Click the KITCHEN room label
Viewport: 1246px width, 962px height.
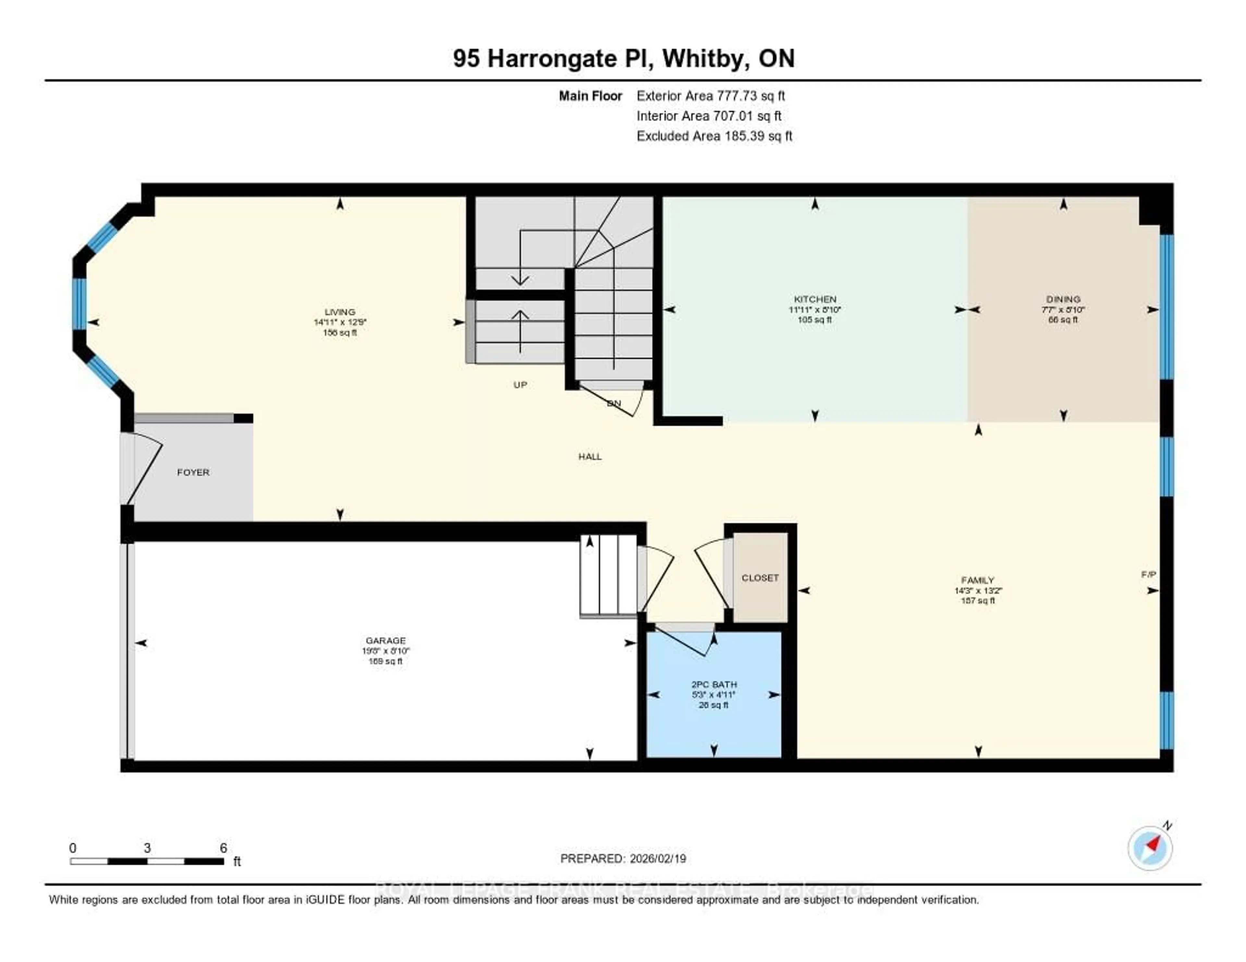[815, 299]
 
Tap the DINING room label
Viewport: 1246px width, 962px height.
[1063, 299]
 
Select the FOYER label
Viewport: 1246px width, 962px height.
[193, 472]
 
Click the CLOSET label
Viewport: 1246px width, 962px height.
[760, 578]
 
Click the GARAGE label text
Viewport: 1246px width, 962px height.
[386, 640]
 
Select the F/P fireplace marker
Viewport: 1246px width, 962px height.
[1148, 574]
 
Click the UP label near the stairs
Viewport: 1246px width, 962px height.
[520, 385]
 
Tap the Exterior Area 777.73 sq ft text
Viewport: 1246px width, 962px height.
[711, 96]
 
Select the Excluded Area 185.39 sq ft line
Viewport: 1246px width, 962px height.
[714, 136]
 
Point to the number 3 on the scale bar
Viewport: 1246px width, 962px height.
[147, 848]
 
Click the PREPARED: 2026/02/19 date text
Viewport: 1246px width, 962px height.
[623, 858]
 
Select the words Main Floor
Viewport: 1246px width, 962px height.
[590, 96]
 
